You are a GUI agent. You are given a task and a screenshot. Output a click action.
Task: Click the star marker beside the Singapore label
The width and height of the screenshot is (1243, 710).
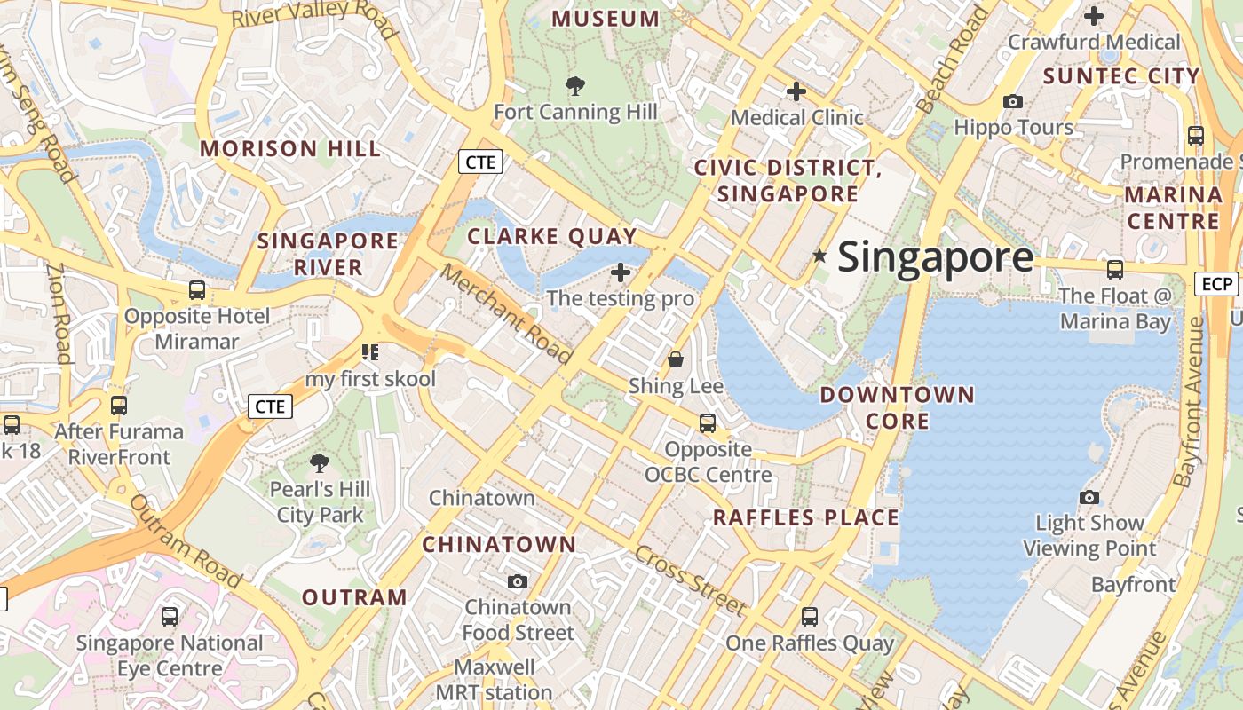[819, 256]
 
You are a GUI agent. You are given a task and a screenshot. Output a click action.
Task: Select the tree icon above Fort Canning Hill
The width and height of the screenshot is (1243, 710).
[575, 86]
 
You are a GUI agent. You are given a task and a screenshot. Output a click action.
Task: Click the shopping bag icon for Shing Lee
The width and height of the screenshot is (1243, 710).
[676, 359]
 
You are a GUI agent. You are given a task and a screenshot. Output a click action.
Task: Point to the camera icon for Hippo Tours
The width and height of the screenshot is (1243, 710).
[1013, 101]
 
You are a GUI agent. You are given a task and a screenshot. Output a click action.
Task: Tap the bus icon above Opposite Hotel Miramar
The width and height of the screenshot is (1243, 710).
[197, 290]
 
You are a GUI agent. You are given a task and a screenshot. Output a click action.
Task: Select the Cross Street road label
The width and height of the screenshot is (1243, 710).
[690, 580]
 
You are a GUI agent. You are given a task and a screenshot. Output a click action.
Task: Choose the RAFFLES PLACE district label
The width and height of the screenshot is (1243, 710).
[806, 517]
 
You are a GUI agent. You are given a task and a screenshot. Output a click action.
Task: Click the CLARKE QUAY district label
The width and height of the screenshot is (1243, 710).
[552, 236]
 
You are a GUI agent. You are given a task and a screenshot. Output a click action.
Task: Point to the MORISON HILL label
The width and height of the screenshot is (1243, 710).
[291, 148]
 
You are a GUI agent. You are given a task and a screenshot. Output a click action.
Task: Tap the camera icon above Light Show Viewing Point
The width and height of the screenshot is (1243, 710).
[1089, 497]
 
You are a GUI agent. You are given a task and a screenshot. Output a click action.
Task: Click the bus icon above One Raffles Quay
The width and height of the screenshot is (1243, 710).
[810, 616]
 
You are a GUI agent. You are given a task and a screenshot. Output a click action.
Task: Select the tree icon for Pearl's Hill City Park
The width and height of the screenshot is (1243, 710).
[319, 462]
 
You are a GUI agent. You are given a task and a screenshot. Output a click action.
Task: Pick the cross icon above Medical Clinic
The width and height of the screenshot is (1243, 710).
[796, 91]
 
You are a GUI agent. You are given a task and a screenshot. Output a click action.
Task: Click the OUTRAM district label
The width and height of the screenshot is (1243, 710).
[354, 597]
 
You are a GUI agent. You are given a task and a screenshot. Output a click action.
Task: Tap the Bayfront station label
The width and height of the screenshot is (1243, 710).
[1133, 585]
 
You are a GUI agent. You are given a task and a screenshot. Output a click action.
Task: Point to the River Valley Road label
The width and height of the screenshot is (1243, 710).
[314, 16]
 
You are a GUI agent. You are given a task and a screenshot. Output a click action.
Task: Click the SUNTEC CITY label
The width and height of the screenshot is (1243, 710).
[1122, 76]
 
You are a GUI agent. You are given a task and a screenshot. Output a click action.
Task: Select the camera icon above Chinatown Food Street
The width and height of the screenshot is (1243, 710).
[518, 581]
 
